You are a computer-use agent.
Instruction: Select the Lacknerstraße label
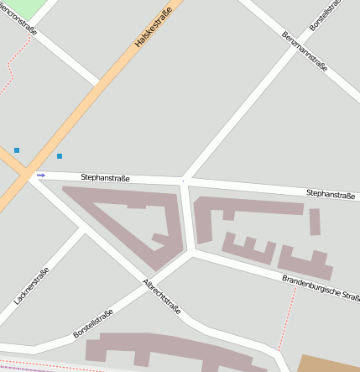click(32, 286)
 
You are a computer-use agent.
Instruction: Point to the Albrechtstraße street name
click(162, 296)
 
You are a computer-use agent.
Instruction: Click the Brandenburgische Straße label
click(321, 289)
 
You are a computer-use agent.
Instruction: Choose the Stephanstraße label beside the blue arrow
click(107, 177)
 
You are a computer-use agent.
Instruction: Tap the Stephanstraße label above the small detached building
click(330, 194)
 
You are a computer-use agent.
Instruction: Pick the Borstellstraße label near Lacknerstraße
click(92, 324)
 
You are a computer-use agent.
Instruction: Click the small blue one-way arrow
click(41, 176)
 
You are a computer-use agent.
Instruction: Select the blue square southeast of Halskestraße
click(60, 156)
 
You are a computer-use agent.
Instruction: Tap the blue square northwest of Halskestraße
click(17, 150)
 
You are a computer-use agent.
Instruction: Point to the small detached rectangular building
click(315, 222)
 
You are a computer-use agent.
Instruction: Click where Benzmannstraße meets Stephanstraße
click(184, 180)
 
